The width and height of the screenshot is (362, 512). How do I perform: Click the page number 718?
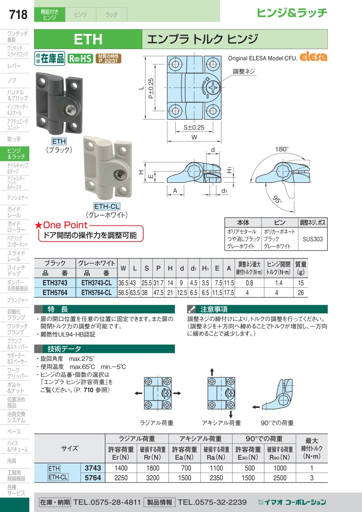click(18, 14)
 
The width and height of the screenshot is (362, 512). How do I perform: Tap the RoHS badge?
click(80, 59)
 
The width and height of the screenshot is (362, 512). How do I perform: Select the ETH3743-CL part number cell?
click(97, 283)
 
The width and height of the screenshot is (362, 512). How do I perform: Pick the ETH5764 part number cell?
click(55, 293)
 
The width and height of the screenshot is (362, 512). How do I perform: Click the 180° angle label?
click(282, 149)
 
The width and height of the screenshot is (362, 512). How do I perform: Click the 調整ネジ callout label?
click(244, 72)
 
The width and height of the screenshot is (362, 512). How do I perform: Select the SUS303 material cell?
click(313, 239)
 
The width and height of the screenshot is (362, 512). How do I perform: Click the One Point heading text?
click(65, 225)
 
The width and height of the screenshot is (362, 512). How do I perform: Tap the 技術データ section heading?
click(64, 349)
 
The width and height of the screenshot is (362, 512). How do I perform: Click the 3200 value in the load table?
click(153, 478)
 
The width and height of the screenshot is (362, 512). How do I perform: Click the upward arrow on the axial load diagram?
click(212, 371)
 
